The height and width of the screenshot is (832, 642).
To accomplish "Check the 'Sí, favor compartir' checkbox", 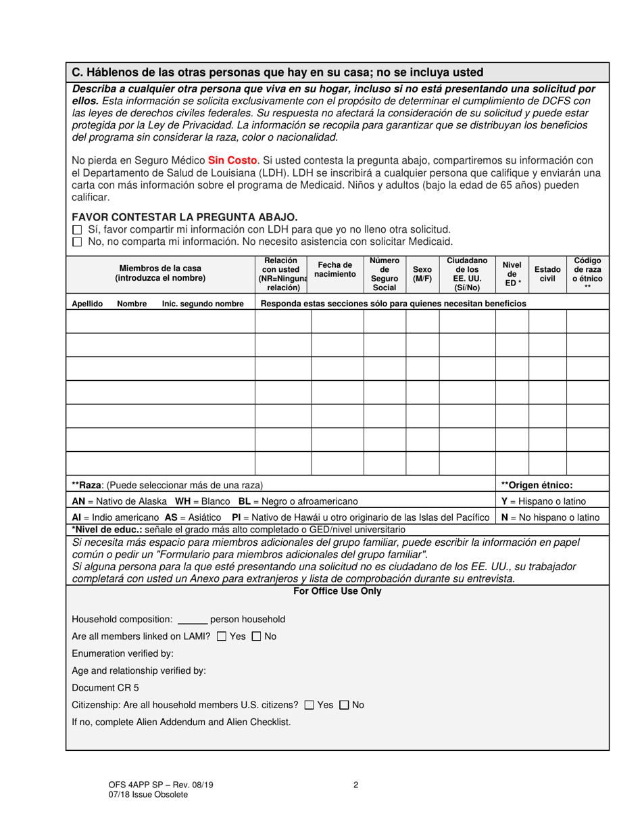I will pyautogui.click(x=76, y=230).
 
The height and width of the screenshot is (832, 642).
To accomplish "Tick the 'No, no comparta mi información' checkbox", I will pyautogui.click(x=76, y=241).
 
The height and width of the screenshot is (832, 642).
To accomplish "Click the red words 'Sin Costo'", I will pyautogui.click(x=232, y=160).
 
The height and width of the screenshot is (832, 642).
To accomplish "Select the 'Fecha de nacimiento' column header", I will pyautogui.click(x=335, y=270).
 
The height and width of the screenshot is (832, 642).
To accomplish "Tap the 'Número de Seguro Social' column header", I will pyautogui.click(x=384, y=274).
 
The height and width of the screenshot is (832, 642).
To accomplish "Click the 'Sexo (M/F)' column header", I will pyautogui.click(x=422, y=274).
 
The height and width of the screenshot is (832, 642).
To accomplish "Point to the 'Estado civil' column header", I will pyautogui.click(x=547, y=274).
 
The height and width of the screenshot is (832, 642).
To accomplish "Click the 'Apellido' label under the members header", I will pyautogui.click(x=87, y=304).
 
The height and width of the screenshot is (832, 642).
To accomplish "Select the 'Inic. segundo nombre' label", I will pyautogui.click(x=203, y=304).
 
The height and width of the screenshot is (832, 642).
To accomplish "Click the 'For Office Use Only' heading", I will pyautogui.click(x=337, y=591).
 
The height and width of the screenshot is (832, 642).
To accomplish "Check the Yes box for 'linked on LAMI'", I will pyautogui.click(x=222, y=637).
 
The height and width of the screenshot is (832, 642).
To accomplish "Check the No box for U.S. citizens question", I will pyautogui.click(x=344, y=705).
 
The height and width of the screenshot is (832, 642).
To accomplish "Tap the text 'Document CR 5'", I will pyautogui.click(x=105, y=688).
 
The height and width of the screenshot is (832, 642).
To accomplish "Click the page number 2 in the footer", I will pyautogui.click(x=355, y=785).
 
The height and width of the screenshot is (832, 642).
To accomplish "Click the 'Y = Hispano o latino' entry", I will pyautogui.click(x=543, y=501).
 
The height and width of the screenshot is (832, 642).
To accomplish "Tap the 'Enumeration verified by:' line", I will pyautogui.click(x=122, y=653).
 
